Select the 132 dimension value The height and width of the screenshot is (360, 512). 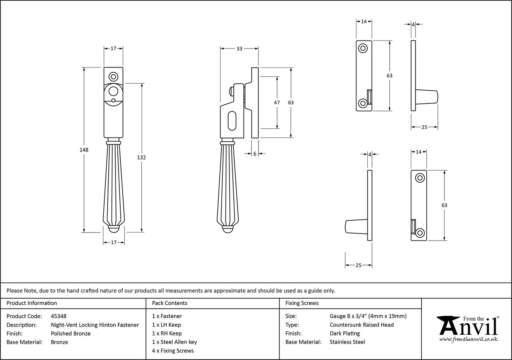(x=142, y=157)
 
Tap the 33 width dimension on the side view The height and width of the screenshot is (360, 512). (x=239, y=49)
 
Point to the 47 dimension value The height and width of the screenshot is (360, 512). (x=277, y=103)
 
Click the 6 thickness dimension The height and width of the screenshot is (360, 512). (x=255, y=154)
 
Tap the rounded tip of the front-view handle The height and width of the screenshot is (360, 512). (x=114, y=229)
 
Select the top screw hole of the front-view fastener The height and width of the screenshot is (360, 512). (x=113, y=77)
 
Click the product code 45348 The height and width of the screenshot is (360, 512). (x=58, y=316)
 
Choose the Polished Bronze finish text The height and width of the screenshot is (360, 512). (x=70, y=333)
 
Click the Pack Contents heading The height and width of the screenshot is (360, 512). (x=170, y=303)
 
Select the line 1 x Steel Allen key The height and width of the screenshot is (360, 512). (x=174, y=342)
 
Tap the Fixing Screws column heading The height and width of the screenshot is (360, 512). (x=302, y=303)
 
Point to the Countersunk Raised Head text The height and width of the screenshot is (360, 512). (x=361, y=325)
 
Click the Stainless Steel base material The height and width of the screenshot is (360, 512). (x=347, y=342)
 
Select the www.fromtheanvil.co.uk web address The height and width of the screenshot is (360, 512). (x=468, y=339)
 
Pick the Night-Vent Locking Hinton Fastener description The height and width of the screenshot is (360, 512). (x=94, y=325)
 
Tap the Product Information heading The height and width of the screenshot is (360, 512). (x=32, y=303)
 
